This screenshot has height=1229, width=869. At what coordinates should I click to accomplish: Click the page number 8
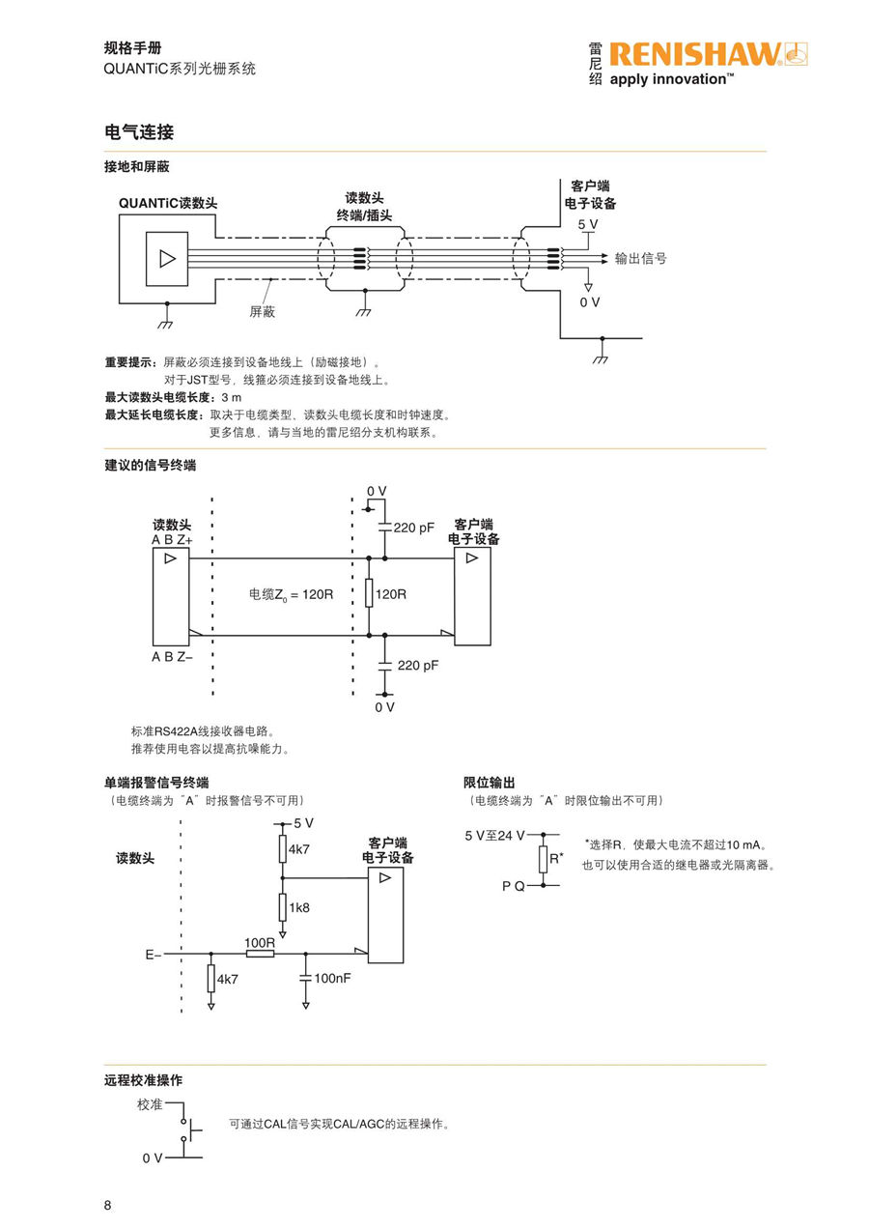pos(108,1205)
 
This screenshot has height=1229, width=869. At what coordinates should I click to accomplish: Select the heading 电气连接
pos(139,131)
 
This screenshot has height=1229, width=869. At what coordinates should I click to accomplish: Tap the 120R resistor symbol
pos(369,593)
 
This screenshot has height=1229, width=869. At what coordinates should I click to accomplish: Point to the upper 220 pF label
pos(414,528)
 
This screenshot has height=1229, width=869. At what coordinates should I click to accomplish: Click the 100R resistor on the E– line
pos(260,954)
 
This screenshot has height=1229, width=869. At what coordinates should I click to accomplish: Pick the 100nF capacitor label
pos(332,978)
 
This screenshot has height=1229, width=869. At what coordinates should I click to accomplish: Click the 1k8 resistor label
pos(299,907)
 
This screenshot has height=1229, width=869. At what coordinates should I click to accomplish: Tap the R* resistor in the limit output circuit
pos(544,858)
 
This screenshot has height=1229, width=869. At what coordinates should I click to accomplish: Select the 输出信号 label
pos(641,259)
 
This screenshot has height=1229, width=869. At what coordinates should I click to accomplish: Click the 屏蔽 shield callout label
pos(263,311)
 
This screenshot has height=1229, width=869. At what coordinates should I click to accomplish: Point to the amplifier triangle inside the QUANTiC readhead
pos(167,258)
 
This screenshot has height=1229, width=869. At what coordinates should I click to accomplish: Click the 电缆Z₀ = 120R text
pos(291,593)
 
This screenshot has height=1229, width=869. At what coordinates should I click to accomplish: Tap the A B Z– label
pos(172,658)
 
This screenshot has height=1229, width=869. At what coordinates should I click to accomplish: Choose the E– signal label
pos(153,955)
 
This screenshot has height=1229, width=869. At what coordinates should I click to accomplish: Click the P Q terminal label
pos(514,885)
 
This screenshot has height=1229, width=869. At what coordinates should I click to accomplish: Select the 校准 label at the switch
pos(150,1103)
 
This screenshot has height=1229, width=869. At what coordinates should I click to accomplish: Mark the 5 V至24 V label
pos(494,835)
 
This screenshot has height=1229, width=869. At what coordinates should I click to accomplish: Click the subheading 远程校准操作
pos(143,1080)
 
